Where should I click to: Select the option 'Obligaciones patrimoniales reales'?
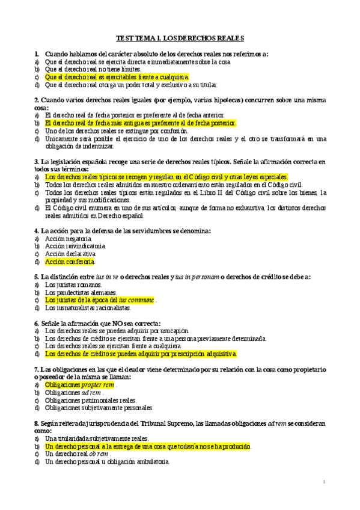click(x=91, y=400)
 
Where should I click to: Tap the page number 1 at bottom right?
click(x=323, y=482)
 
